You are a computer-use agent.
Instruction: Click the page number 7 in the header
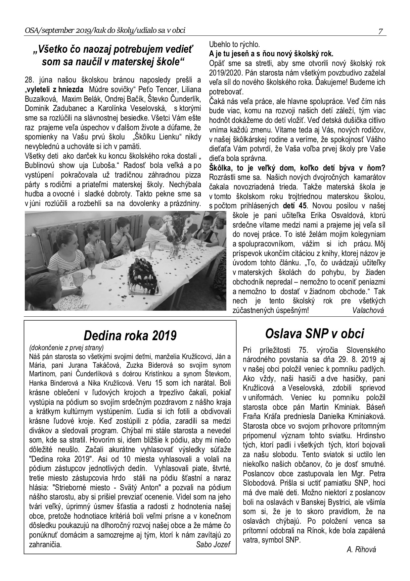pyautogui.click(x=381, y=31)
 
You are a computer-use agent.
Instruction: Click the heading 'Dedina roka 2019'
pyautogui.click(x=130, y=335)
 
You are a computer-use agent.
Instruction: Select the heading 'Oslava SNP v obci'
pyautogui.click(x=314, y=334)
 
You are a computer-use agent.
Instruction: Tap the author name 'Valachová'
pyautogui.click(x=368, y=310)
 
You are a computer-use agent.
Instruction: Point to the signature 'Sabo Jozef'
pyautogui.click(x=213, y=545)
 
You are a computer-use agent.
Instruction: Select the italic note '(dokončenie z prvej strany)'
pyautogui.click(x=66, y=348)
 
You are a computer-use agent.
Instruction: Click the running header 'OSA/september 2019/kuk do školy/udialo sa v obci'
pyautogui.click(x=105, y=31)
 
